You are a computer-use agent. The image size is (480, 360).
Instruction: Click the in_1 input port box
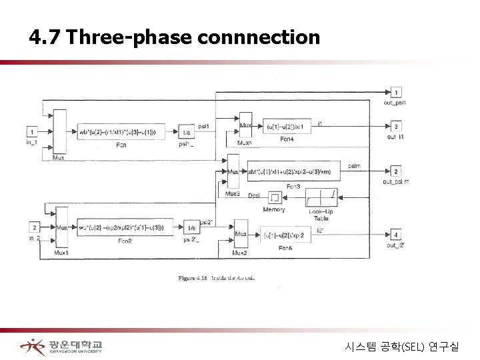tap(32, 131)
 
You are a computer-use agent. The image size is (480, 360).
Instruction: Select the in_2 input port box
tap(33, 227)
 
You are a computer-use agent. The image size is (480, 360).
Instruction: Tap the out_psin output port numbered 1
tap(396, 92)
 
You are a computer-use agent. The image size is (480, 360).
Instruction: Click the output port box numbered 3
tap(396, 127)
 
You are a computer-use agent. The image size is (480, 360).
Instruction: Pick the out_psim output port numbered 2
tap(396, 171)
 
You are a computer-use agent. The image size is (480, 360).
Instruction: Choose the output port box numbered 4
tap(396, 235)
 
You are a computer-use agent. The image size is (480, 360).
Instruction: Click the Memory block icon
tap(274, 197)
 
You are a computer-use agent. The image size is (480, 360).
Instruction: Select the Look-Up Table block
tap(321, 197)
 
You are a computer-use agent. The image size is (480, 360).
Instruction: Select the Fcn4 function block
tap(287, 127)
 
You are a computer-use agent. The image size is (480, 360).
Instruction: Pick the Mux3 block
tap(233, 172)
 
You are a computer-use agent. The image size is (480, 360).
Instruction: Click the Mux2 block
tap(241, 235)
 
